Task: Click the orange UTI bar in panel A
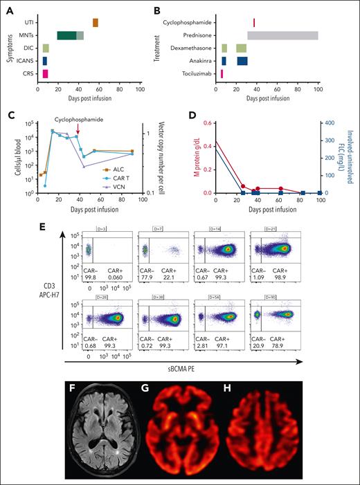(x=96, y=23)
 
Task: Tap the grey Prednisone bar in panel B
(x=282, y=35)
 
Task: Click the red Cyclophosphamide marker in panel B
(x=254, y=23)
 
